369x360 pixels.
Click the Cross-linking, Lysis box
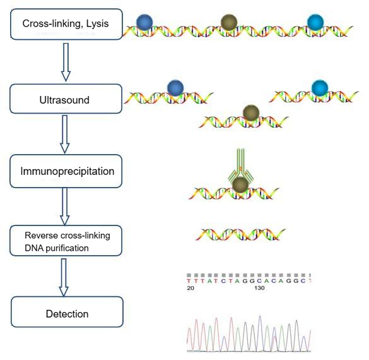pyautogui.click(x=66, y=24)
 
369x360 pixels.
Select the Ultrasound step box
pyautogui.click(x=66, y=99)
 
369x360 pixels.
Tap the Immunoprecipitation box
pyautogui.click(x=66, y=171)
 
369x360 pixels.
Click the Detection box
pyautogui.click(x=67, y=312)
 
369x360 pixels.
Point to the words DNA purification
pyautogui.click(x=57, y=248)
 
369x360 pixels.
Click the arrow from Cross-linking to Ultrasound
pyautogui.click(x=66, y=62)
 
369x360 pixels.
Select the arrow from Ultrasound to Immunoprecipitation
pyautogui.click(x=65, y=134)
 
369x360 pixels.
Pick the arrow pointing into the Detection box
pyautogui.click(x=64, y=277)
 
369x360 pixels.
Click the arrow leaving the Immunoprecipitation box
pyautogui.click(x=65, y=207)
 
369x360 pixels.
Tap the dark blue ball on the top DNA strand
pyautogui.click(x=144, y=22)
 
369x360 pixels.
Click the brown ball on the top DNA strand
pyautogui.click(x=229, y=22)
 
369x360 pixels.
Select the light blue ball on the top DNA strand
pyautogui.click(x=315, y=22)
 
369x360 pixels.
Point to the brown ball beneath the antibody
pyautogui.click(x=240, y=185)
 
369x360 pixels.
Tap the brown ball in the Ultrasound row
pyautogui.click(x=251, y=113)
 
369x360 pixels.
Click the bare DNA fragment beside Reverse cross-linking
pyautogui.click(x=240, y=235)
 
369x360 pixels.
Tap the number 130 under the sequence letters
pyautogui.click(x=259, y=288)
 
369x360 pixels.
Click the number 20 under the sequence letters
pyautogui.click(x=190, y=288)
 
